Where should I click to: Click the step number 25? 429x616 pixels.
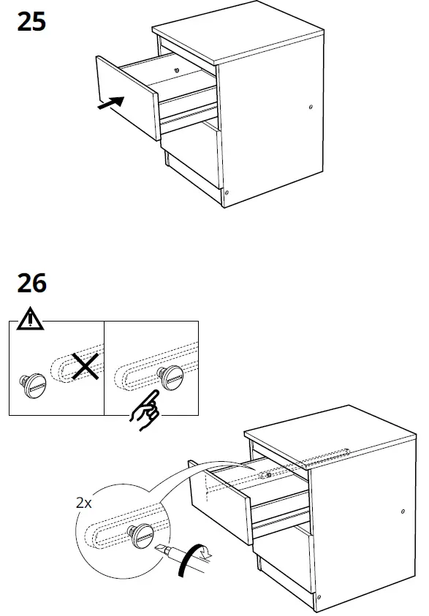tap(31, 23)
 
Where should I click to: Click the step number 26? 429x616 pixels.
tap(31, 282)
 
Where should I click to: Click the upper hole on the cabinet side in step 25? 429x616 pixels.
tap(311, 107)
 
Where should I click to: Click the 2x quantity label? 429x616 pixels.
tap(85, 503)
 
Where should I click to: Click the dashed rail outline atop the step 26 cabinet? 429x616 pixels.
tap(324, 456)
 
